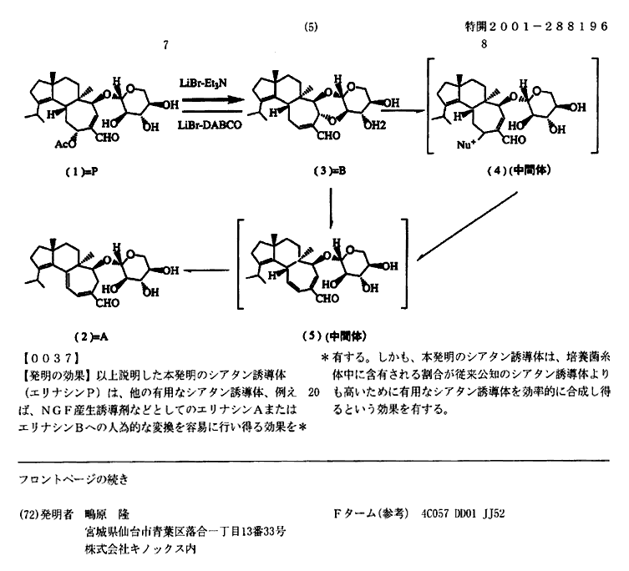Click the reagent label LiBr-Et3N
(203, 83)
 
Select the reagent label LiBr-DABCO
(210, 125)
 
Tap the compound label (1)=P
(82, 172)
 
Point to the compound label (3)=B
(330, 171)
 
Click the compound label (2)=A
(91, 336)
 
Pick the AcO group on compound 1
(65, 144)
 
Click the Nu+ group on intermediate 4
(466, 144)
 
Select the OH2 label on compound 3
(375, 125)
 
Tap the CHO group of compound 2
(108, 303)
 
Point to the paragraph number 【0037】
(50, 357)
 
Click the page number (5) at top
(311, 27)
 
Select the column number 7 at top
(165, 45)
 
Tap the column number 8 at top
(484, 43)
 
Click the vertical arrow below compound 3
(331, 209)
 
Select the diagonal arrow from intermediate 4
(467, 226)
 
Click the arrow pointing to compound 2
(206, 270)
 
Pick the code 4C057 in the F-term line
(435, 513)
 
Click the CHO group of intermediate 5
(327, 298)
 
